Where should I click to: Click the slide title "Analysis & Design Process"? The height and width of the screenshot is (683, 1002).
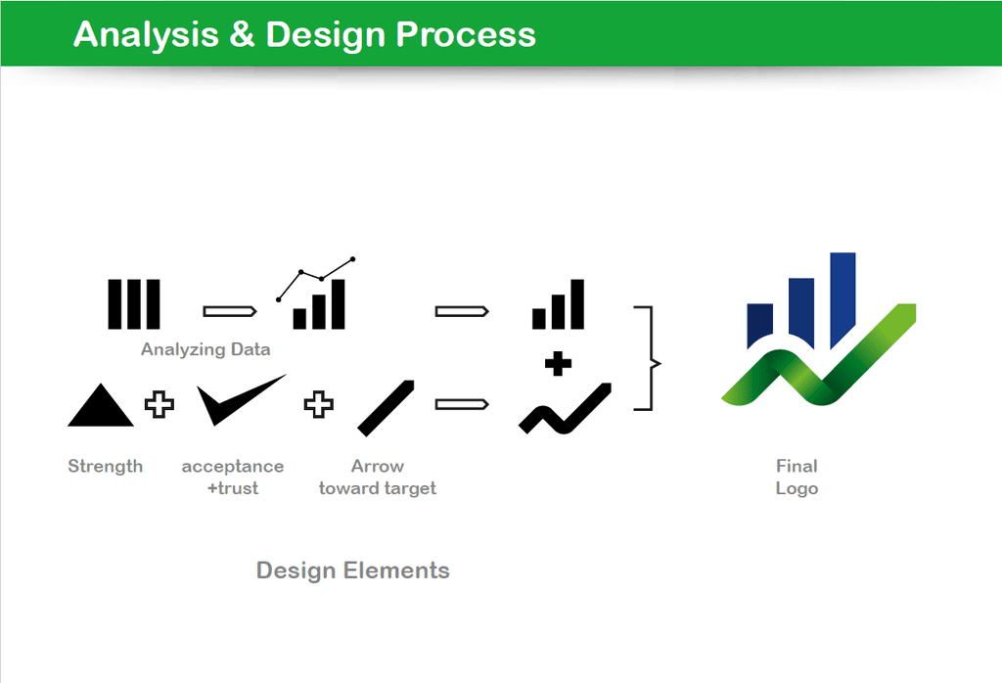[x=304, y=34]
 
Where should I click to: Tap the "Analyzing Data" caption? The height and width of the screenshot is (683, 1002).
[x=205, y=349]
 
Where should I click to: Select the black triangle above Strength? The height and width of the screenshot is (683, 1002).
[x=101, y=405]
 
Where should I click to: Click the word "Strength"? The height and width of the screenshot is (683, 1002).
[x=106, y=467]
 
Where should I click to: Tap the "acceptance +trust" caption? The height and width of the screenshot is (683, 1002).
[x=233, y=478]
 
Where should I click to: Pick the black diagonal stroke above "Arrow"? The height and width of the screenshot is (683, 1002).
[x=386, y=408]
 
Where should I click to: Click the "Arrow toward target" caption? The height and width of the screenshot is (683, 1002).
[x=378, y=478]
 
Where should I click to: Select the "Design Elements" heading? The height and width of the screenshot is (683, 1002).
[x=352, y=569]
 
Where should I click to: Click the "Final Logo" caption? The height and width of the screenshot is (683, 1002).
[x=797, y=478]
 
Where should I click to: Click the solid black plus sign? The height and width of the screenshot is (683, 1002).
[x=559, y=364]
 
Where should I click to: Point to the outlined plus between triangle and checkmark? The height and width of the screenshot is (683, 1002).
[x=159, y=404]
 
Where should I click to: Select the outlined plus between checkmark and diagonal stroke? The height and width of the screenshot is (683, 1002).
[x=318, y=404]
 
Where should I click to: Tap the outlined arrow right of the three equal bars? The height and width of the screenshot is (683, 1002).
[x=230, y=311]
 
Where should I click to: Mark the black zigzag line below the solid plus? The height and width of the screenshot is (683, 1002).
[x=565, y=409]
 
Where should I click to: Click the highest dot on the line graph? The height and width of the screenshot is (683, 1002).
[x=352, y=258]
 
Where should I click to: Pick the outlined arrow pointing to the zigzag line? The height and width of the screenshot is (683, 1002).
[x=462, y=404]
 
